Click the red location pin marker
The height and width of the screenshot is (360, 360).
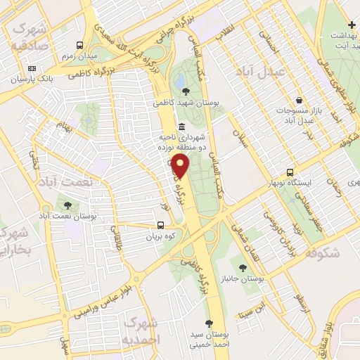181,167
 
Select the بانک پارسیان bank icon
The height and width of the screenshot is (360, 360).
32,68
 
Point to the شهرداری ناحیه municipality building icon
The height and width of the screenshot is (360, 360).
182,127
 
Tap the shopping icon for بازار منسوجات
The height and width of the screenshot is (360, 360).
300,101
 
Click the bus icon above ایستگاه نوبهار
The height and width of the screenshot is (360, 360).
290,172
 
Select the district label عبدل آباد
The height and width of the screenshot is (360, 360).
281,72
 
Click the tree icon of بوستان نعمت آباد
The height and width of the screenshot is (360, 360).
68,205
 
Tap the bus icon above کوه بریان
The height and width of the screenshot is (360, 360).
162,226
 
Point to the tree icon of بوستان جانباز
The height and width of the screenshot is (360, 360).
243,267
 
